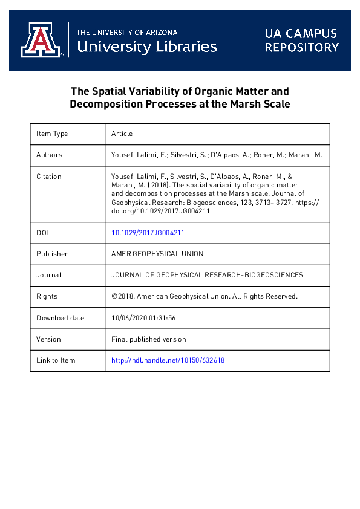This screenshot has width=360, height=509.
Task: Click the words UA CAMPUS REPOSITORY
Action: pyautogui.click(x=301, y=40)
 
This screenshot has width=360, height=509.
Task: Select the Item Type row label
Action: pyautogui.click(x=52, y=134)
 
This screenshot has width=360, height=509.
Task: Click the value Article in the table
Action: pyautogui.click(x=122, y=134)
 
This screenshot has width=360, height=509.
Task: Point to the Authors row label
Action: pyautogui.click(x=49, y=155)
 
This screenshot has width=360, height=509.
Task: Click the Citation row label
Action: pyautogui.click(x=49, y=177)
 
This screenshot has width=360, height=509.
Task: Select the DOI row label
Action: pyautogui.click(x=42, y=232)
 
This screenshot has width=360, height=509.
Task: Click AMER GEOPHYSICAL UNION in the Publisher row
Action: pyautogui.click(x=157, y=254)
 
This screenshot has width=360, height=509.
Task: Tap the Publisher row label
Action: pyautogui.click(x=52, y=254)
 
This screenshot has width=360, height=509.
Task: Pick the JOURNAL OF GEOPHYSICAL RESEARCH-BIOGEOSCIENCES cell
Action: pyautogui.click(x=207, y=275)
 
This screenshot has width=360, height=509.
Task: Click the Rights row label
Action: pyautogui.click(x=47, y=296)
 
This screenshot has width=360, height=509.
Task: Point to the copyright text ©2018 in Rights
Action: pyautogui.click(x=122, y=296)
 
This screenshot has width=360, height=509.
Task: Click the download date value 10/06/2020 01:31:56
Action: pyautogui.click(x=143, y=318)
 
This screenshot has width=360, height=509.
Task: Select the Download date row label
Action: pyautogui.click(x=60, y=318)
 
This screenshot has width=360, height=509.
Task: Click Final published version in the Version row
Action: pyautogui.click(x=149, y=339)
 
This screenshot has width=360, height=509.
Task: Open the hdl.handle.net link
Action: pyautogui.click(x=168, y=360)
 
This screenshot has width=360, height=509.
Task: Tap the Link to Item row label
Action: pyautogui.click(x=56, y=360)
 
